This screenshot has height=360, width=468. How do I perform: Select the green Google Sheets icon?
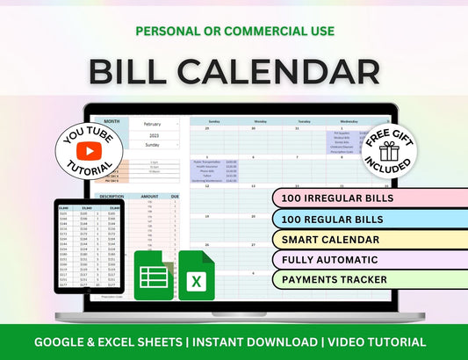(154, 275)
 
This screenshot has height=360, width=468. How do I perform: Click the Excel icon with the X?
(198, 275)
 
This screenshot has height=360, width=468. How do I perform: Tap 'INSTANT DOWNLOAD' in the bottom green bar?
(252, 342)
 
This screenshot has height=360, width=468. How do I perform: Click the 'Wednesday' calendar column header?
(349, 121)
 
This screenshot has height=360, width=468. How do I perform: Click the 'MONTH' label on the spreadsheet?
(112, 122)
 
